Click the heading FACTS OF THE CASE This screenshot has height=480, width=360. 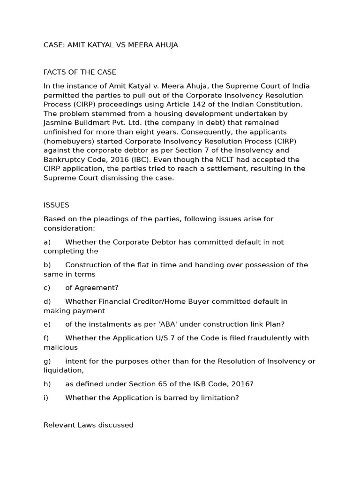click(x=80, y=72)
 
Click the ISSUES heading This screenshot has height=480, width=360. click(x=56, y=205)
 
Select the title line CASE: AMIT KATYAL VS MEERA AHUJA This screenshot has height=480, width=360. click(x=111, y=45)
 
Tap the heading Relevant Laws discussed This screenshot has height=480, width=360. click(x=88, y=425)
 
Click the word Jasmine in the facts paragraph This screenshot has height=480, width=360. click(x=57, y=123)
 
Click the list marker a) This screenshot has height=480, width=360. click(x=47, y=242)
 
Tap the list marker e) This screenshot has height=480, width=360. click(x=47, y=324)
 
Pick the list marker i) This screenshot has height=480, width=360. click(x=46, y=397)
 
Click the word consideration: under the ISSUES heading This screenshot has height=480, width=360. click(x=69, y=228)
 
